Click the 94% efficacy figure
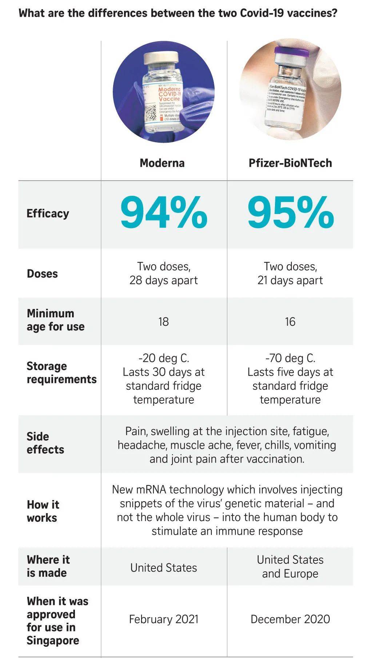pyautogui.click(x=164, y=213)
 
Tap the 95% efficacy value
pyautogui.click(x=290, y=213)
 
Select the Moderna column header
pyautogui.click(x=162, y=163)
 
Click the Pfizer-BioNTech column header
pyautogui.click(x=290, y=163)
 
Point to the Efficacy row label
pyautogui.click(x=48, y=213)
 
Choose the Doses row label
pyautogui.click(x=42, y=274)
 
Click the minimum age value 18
pyautogui.click(x=164, y=322)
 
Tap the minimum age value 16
pyautogui.click(x=290, y=322)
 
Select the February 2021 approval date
pyautogui.click(x=164, y=619)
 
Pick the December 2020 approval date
pyautogui.click(x=290, y=619)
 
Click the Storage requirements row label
pyautogui.click(x=61, y=373)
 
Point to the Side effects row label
pyautogui.click(x=45, y=443)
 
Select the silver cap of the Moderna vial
pyautogui.click(x=161, y=58)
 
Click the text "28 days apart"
pyautogui.click(x=164, y=281)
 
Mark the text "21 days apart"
pyautogui.click(x=290, y=281)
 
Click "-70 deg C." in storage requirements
pyautogui.click(x=290, y=358)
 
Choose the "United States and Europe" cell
pyautogui.click(x=290, y=567)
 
